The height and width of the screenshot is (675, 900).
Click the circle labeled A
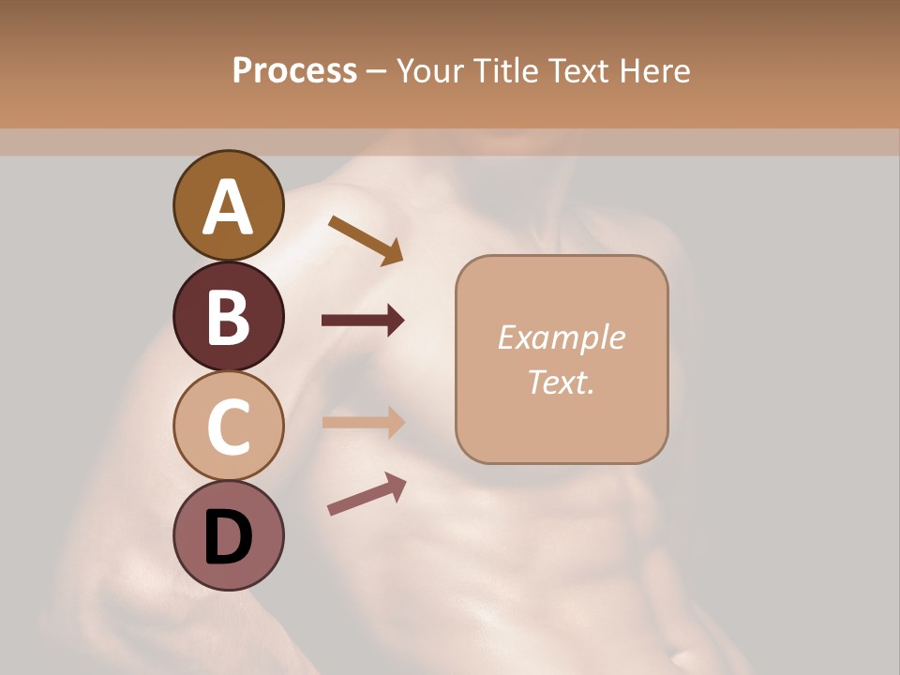(x=228, y=205)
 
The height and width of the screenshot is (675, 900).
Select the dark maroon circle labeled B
(x=228, y=316)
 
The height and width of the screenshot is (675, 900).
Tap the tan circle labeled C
(x=228, y=426)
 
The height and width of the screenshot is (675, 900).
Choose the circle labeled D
(x=228, y=536)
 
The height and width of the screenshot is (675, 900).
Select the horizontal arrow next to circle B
(x=363, y=321)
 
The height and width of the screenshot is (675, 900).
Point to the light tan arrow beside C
(x=363, y=423)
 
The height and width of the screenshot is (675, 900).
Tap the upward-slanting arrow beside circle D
(x=367, y=494)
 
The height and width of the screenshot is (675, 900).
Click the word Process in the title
(x=294, y=70)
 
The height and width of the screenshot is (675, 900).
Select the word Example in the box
(x=562, y=337)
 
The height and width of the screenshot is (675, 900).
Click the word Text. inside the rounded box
(x=562, y=382)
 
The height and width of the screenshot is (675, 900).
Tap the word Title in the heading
(x=506, y=70)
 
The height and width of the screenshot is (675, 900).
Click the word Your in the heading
(x=431, y=70)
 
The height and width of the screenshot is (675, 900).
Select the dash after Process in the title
(x=377, y=71)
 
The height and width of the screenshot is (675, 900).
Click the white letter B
(x=228, y=317)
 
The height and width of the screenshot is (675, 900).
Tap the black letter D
(x=228, y=537)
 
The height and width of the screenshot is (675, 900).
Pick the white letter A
(x=228, y=206)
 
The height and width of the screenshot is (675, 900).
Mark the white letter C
(x=228, y=427)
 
